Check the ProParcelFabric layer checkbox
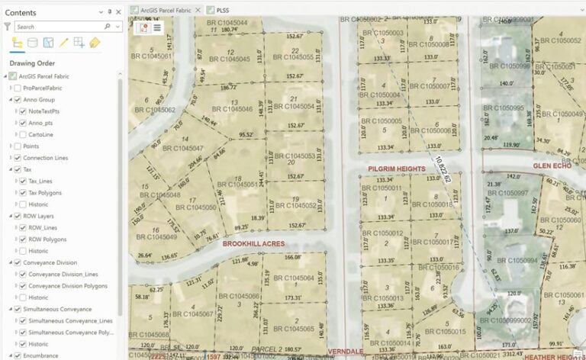tap(17, 88)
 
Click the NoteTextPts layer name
tap(44, 111)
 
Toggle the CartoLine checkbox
tap(23, 134)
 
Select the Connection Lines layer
tap(45, 157)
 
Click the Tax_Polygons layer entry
tap(45, 192)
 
